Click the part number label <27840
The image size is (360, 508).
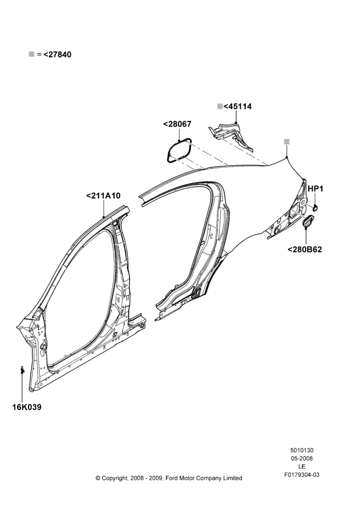[57, 54]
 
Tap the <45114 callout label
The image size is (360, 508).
[237, 106]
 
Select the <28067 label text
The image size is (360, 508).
[177, 124]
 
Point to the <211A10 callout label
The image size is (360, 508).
[103, 196]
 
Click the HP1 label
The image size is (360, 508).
[315, 188]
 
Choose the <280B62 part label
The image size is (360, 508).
[305, 249]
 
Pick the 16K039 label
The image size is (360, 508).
[27, 407]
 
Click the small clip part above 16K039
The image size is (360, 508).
[22, 369]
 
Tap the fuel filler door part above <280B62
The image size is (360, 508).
[309, 221]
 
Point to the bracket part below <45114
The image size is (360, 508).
[231, 136]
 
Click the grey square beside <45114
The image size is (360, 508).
[220, 106]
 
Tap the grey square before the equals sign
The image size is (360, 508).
[32, 54]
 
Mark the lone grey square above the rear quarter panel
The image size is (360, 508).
[287, 142]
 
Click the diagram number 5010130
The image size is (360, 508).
[302, 450]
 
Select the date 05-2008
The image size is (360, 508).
[302, 458]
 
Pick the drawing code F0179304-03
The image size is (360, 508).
[302, 475]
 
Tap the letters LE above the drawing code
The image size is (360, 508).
[302, 466]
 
